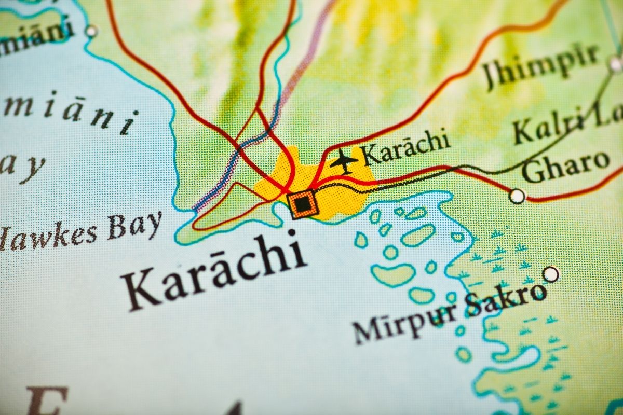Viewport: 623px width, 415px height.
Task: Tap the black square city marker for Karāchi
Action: coord(302,204)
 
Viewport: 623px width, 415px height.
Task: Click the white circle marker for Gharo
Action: coord(517,196)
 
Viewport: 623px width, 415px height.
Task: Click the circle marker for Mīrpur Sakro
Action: coord(551,273)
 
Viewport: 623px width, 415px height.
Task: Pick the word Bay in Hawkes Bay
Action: coord(134,226)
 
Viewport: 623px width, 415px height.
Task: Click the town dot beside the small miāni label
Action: coord(91,31)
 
